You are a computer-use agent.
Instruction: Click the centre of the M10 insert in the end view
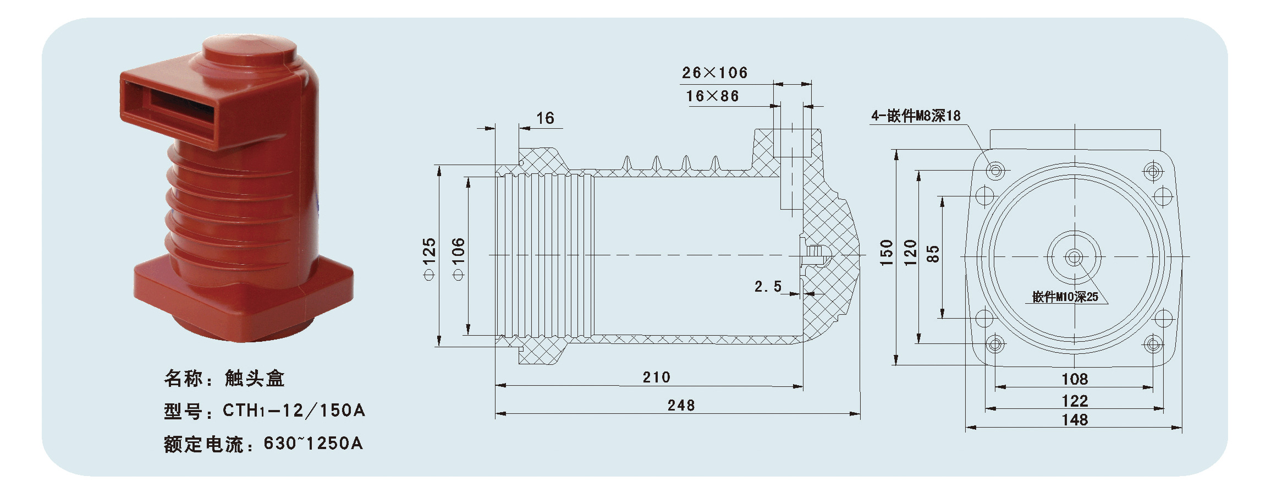tap(1074, 257)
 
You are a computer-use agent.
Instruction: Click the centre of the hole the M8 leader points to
tap(995, 171)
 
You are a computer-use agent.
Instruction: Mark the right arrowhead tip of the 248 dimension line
tap(860, 414)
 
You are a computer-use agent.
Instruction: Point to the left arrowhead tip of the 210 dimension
tap(496, 386)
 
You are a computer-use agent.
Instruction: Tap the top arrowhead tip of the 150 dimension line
tap(896, 150)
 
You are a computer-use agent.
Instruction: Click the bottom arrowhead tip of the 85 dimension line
tap(943, 318)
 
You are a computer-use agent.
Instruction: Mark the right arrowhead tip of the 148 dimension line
tap(1182, 427)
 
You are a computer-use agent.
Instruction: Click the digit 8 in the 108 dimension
tap(1083, 379)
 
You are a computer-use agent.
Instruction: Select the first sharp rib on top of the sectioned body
tap(626, 163)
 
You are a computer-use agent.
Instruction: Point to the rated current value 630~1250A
tap(313, 443)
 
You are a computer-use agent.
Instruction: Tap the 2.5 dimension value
tap(768, 286)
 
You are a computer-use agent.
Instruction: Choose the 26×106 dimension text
tap(715, 73)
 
